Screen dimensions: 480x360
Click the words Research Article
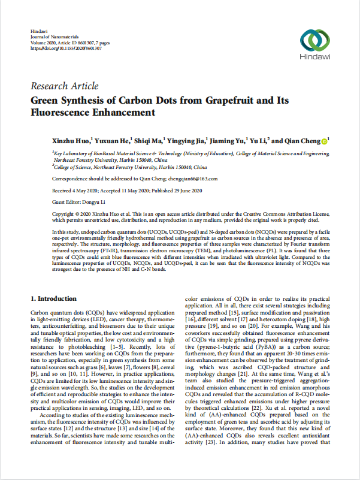pyautogui.click(x=64, y=86)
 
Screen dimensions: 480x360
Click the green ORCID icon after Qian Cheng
pyautogui.click(x=324, y=141)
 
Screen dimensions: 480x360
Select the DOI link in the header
pyautogui.click(x=62, y=48)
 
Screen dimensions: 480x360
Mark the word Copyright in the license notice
pyautogui.click(x=67, y=213)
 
